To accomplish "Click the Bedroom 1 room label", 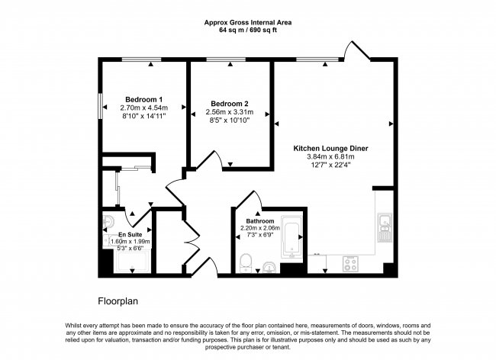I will (x=143, y=100).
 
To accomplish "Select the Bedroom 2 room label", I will (x=230, y=104).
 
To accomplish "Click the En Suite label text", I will (x=130, y=234).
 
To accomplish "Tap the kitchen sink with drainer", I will (x=384, y=227).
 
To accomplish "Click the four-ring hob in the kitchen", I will (x=352, y=263).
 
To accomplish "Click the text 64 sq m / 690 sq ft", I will (x=248, y=31).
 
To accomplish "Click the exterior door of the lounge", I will (x=354, y=52).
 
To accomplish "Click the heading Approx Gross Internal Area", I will (x=248, y=22).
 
